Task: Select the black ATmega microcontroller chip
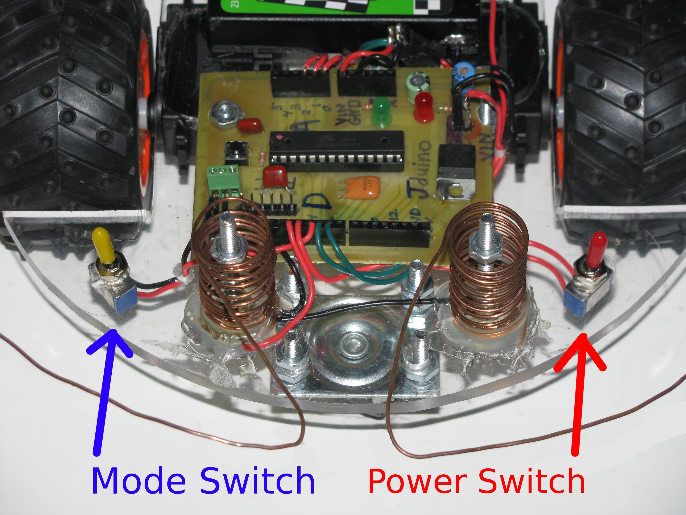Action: click(x=337, y=147)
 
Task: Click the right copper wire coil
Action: click(x=487, y=273)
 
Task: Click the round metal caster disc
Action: click(x=350, y=345)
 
